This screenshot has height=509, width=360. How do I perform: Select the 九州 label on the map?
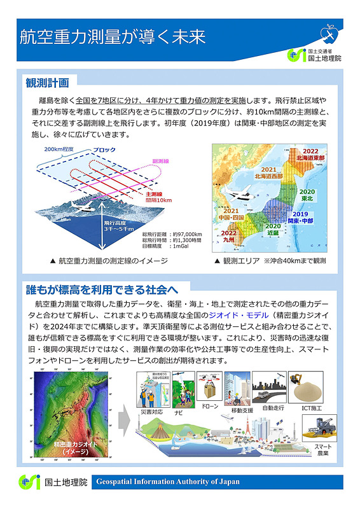(230, 241)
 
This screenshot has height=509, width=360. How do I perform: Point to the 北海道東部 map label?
(310, 155)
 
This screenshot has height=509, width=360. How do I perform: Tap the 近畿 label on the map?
(273, 230)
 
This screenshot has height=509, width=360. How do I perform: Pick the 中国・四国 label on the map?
(231, 216)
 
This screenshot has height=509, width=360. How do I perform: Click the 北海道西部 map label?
(269, 173)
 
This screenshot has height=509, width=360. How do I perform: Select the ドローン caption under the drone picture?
(210, 405)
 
